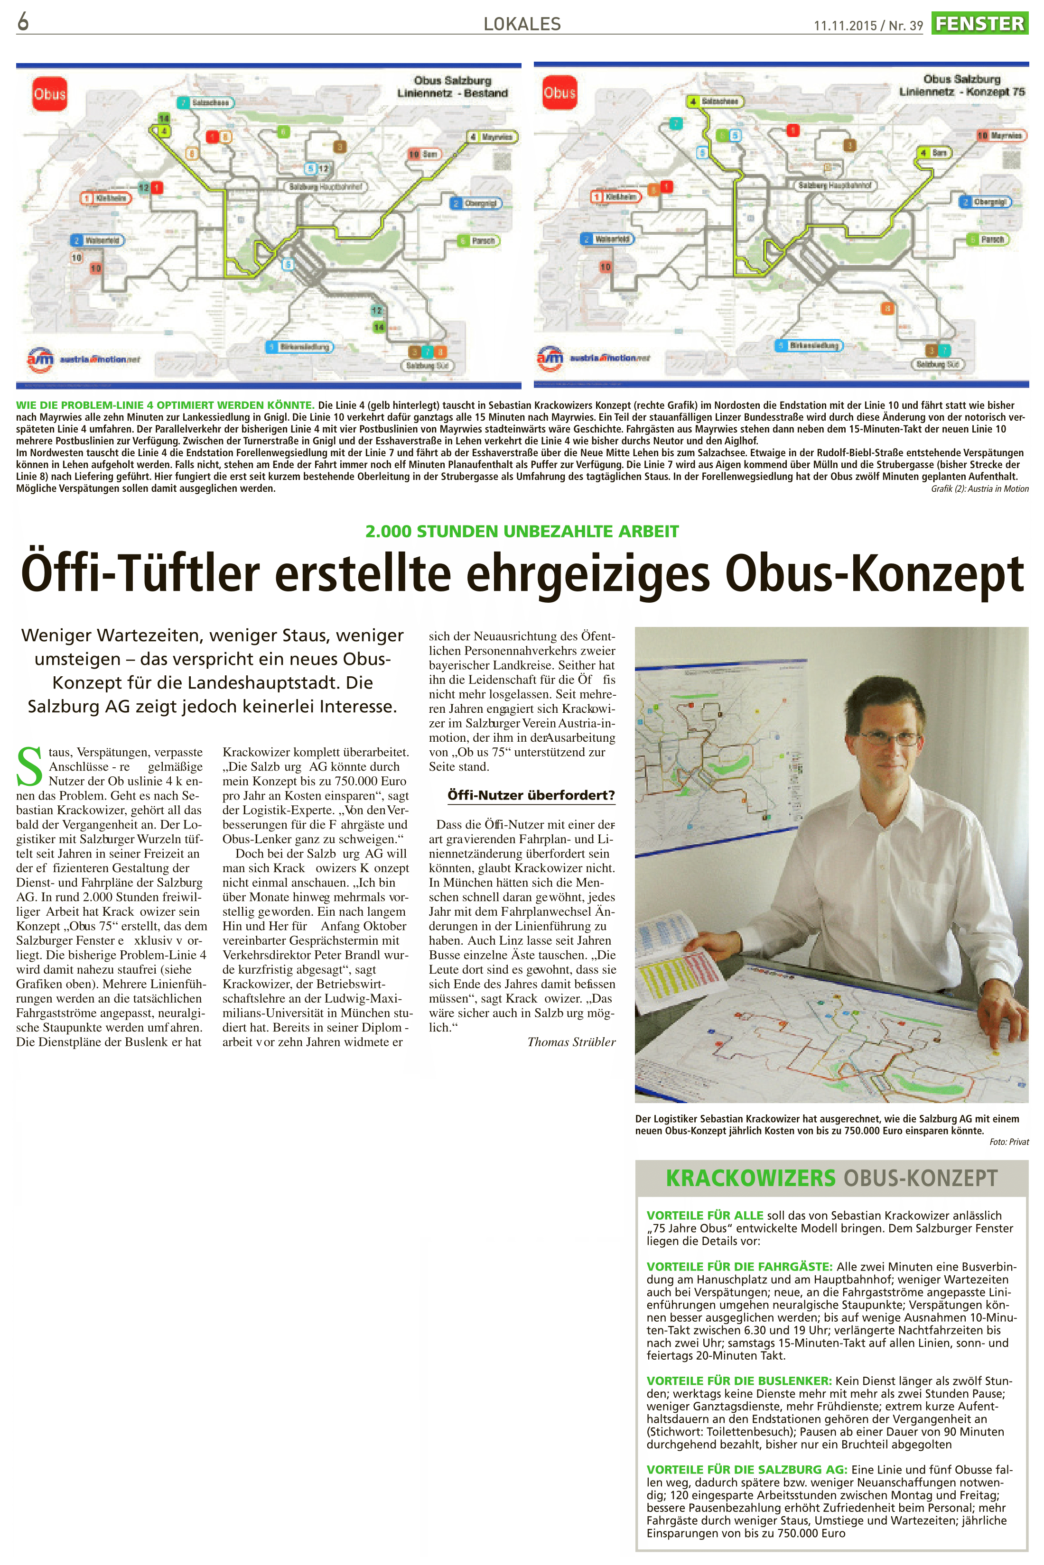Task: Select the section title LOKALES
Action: coord(522,25)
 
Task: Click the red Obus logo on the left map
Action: coord(50,94)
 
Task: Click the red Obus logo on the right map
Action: coord(559,93)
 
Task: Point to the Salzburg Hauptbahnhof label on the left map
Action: coord(326,187)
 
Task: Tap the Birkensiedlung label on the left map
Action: coord(304,347)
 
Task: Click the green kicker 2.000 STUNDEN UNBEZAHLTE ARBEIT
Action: coord(522,532)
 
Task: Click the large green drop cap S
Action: coord(29,766)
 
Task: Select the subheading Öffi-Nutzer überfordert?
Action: coord(531,795)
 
